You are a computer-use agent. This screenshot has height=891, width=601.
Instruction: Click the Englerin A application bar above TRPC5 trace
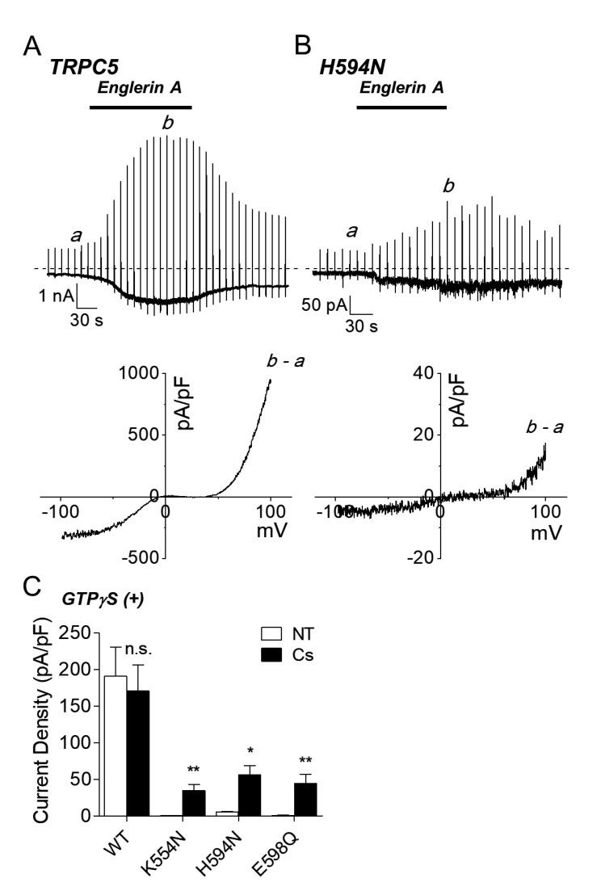[x=141, y=106]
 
